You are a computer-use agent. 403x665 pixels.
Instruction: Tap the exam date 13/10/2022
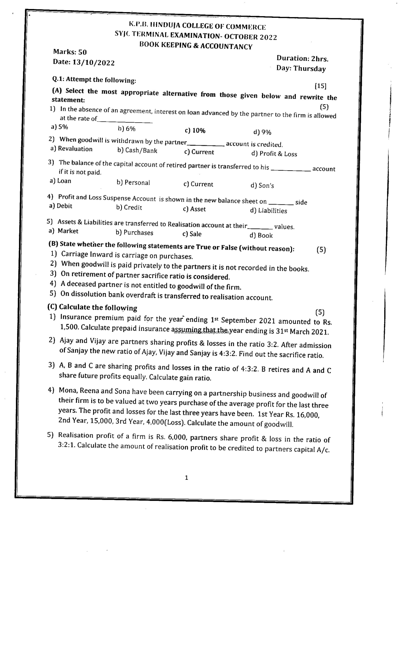pyautogui.click(x=93, y=63)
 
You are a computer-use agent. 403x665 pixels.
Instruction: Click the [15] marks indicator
pyautogui.click(x=320, y=86)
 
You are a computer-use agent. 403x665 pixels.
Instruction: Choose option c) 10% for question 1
pyautogui.click(x=195, y=131)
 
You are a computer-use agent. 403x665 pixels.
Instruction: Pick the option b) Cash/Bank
pyautogui.click(x=137, y=150)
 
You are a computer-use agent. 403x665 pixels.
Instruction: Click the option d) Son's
pyautogui.click(x=262, y=185)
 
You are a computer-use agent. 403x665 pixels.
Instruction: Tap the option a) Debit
pyautogui.click(x=60, y=206)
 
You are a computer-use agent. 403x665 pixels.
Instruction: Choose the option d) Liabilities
pyautogui.click(x=268, y=210)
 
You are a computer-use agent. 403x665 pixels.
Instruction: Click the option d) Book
pyautogui.click(x=261, y=235)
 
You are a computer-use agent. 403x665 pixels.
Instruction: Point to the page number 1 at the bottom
pyautogui.click(x=186, y=478)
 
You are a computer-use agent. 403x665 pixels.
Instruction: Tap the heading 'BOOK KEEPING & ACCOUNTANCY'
pyautogui.click(x=196, y=46)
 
